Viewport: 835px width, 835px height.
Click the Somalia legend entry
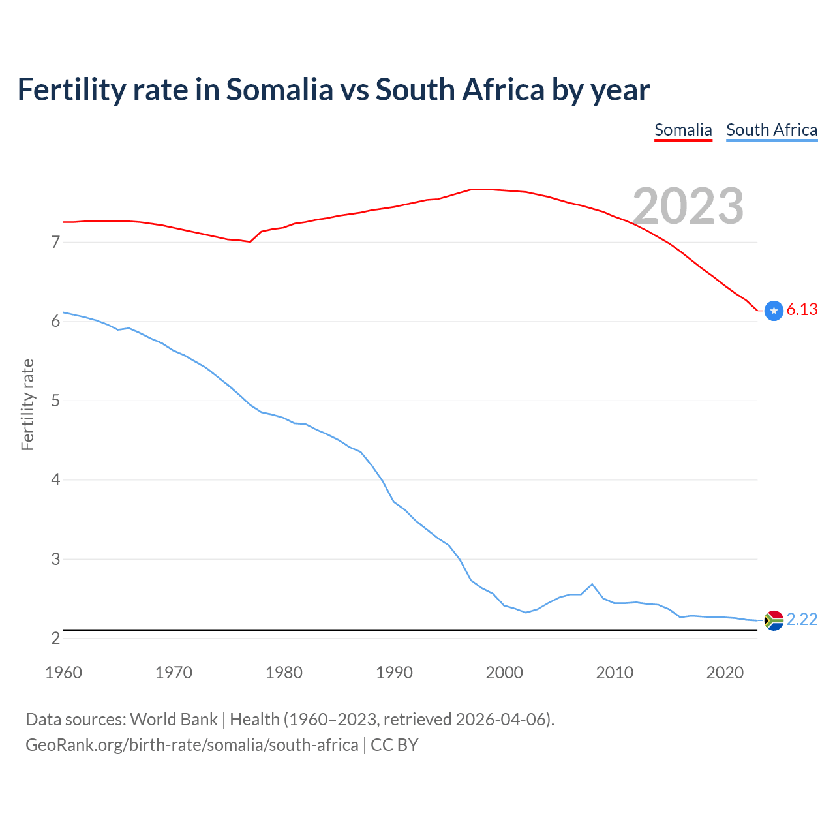pos(683,130)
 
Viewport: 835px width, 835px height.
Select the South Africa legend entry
pos(772,130)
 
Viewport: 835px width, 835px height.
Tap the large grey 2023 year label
pos(688,206)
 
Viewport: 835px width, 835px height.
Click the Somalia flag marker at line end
pos(774,311)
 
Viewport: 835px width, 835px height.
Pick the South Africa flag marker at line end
pos(774,620)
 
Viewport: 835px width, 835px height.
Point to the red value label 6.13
pos(802,310)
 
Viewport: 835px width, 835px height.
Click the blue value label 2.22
pos(802,619)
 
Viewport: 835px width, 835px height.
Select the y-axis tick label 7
pos(55,242)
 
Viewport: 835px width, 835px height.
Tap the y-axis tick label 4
pos(55,480)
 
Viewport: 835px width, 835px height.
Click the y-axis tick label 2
pos(55,638)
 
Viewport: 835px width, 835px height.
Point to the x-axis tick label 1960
pos(63,673)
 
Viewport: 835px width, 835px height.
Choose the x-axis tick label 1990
pos(394,673)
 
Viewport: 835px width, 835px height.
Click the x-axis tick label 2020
pos(725,673)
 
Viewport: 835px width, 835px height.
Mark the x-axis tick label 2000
pos(504,673)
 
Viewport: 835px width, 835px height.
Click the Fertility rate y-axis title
pos(27,404)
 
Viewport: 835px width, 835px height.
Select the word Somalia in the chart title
pos(279,90)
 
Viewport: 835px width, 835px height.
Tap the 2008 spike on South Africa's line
pos(592,584)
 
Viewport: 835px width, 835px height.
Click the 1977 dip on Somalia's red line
pos(250,241)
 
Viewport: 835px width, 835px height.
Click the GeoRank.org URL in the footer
pos(192,745)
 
